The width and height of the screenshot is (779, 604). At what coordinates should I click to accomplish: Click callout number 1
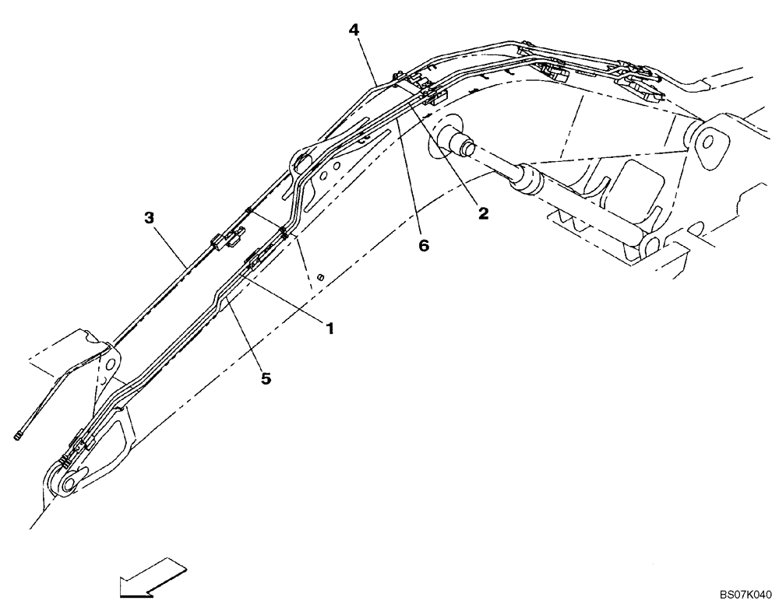[330, 329]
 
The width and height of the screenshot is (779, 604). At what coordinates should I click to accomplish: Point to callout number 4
[354, 30]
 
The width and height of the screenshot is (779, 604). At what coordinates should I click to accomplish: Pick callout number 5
[266, 378]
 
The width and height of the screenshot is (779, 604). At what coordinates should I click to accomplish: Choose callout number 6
[423, 245]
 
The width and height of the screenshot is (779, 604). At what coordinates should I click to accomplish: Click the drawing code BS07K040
[746, 593]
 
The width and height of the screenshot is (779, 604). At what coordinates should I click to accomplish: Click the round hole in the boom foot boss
[710, 142]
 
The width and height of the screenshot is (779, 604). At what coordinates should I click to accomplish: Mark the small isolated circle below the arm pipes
[319, 277]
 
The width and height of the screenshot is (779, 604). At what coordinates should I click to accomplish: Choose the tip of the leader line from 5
[231, 306]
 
